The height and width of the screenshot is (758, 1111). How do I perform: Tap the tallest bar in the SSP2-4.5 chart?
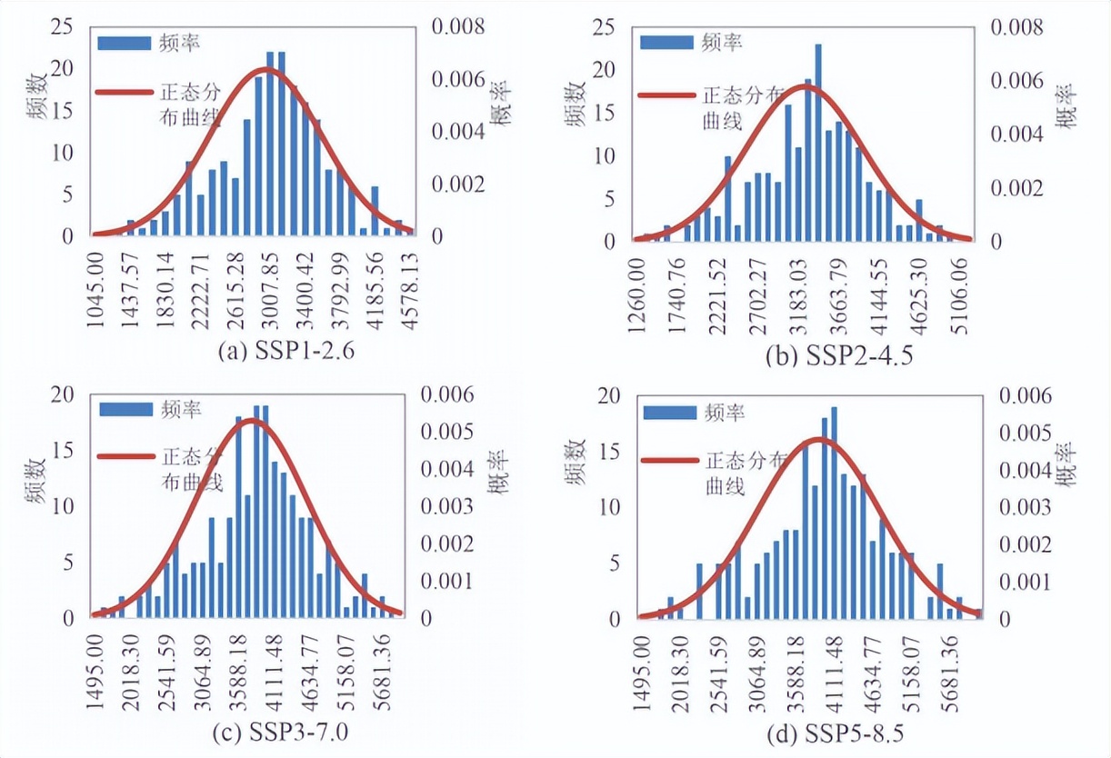(818, 142)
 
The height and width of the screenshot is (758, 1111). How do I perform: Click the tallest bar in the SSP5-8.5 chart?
(834, 512)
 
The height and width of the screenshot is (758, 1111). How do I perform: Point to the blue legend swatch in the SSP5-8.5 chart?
(671, 412)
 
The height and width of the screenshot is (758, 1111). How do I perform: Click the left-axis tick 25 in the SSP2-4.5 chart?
(603, 27)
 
